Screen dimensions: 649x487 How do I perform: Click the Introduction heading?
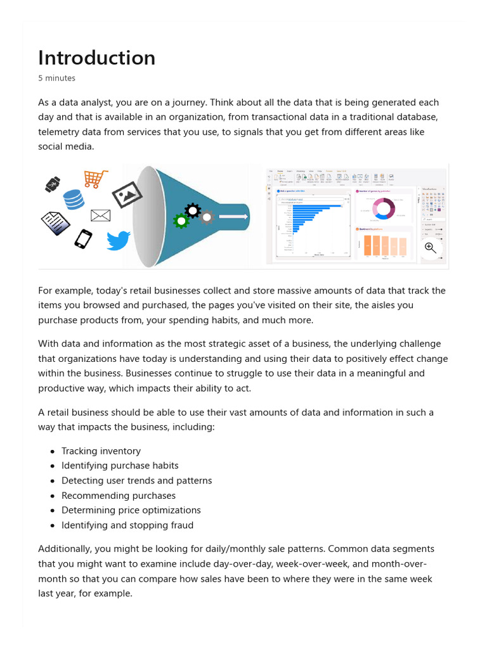click(96, 58)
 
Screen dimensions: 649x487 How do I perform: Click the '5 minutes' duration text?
click(56, 79)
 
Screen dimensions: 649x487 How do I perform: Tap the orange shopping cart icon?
click(95, 179)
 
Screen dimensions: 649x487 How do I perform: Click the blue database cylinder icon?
click(74, 199)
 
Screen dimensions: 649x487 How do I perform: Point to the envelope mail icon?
click(100, 215)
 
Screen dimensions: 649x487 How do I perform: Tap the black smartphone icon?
click(83, 239)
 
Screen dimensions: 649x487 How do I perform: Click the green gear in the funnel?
click(181, 221)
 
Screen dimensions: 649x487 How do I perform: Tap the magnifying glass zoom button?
click(431, 248)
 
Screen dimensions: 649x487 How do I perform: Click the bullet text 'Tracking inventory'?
click(101, 451)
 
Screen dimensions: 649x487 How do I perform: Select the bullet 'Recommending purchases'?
click(118, 496)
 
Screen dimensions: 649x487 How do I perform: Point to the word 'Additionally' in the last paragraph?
click(65, 549)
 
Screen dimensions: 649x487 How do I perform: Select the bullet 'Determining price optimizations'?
click(131, 510)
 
